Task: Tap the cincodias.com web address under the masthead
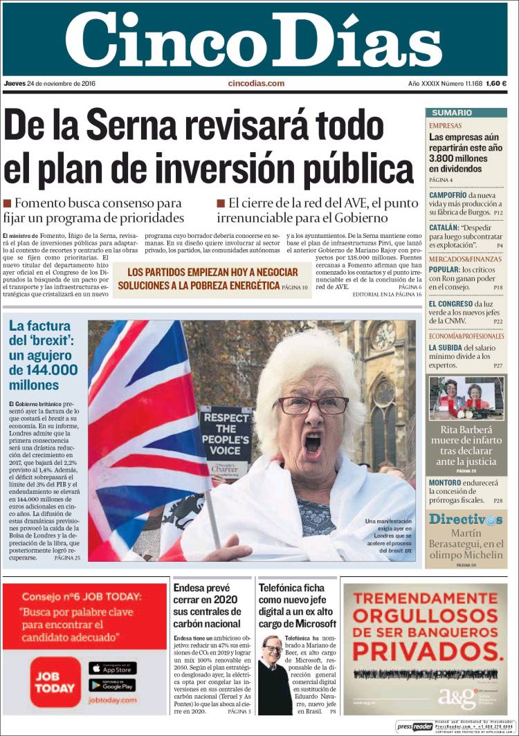point(256,84)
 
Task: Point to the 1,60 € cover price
point(496,84)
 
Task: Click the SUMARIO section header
point(452,113)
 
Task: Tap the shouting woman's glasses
point(313,404)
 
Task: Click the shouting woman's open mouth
point(313,443)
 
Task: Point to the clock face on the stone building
point(383,335)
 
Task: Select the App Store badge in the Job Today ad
point(112,668)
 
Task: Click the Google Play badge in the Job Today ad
point(112,685)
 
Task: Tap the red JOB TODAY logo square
point(55,681)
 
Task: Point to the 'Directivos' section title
point(464,519)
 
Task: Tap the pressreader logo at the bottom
point(415,727)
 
